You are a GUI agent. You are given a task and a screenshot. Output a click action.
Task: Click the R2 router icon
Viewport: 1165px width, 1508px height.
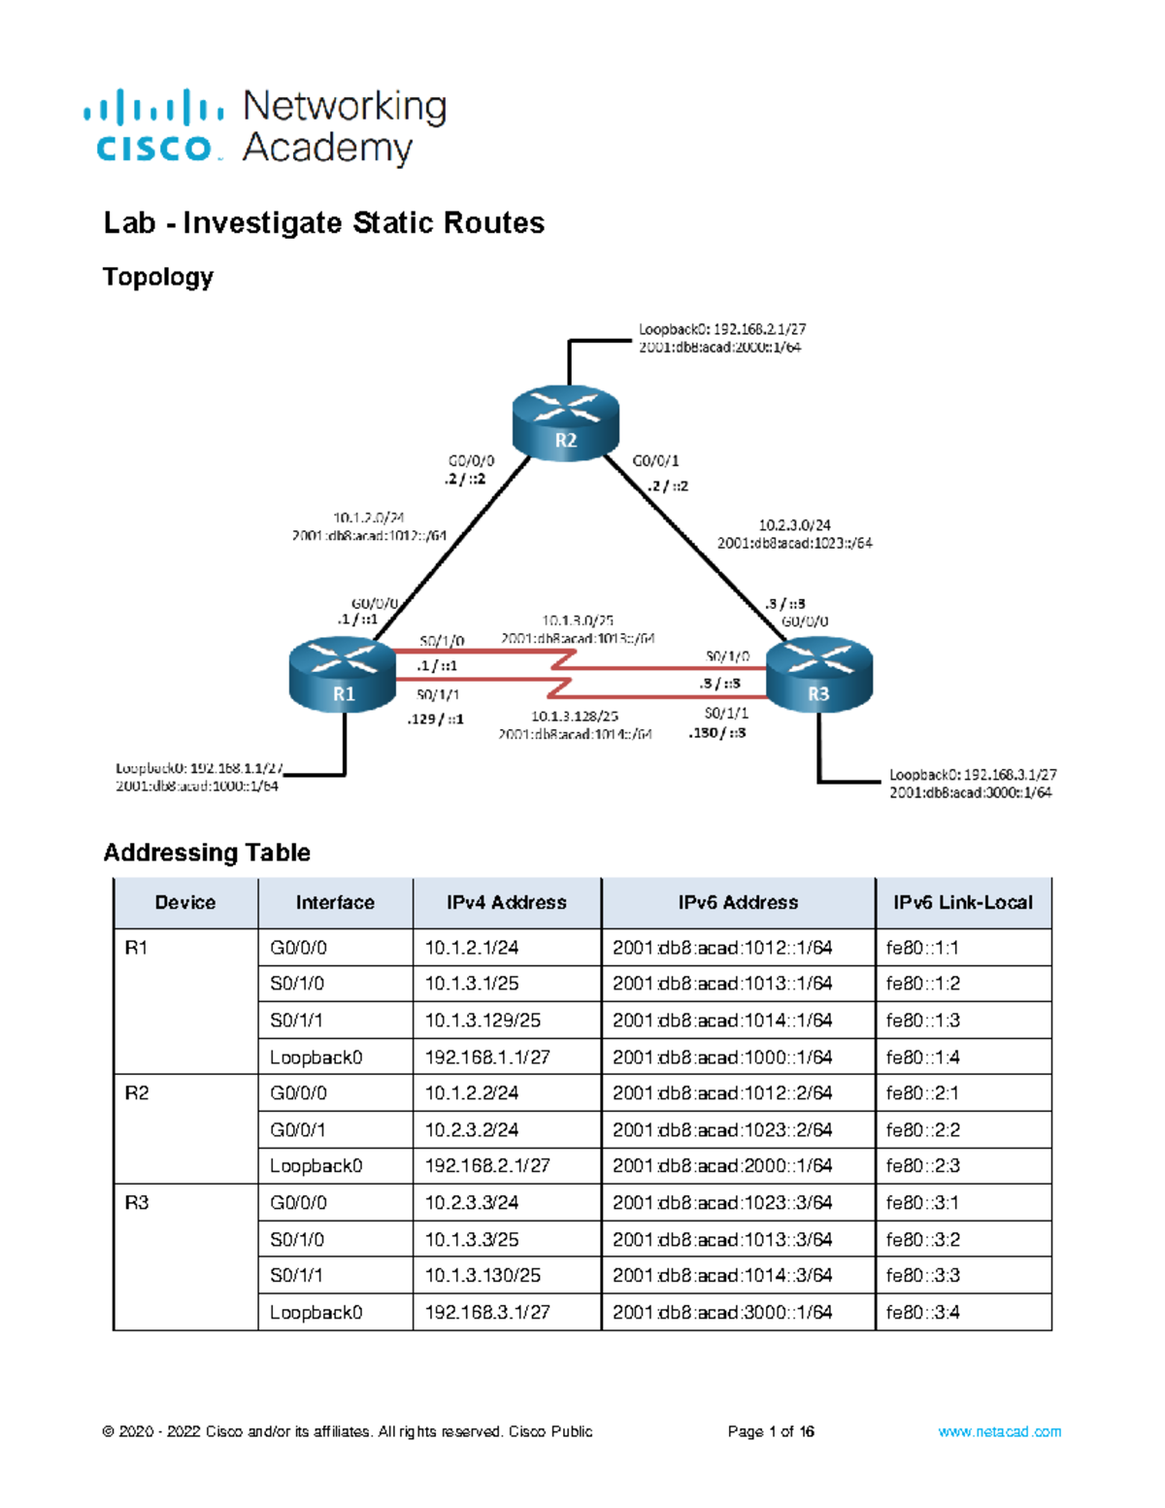(x=565, y=422)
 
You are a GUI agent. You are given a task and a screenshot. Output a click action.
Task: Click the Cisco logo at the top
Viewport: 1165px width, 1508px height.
(x=265, y=126)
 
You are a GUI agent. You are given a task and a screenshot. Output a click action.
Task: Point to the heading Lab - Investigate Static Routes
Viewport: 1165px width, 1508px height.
(x=323, y=222)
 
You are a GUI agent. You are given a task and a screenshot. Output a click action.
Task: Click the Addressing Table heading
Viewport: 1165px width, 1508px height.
(x=207, y=853)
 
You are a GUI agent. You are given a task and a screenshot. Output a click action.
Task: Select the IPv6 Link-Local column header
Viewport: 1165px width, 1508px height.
(x=962, y=902)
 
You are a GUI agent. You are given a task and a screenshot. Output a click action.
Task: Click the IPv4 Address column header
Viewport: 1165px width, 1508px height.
(x=506, y=902)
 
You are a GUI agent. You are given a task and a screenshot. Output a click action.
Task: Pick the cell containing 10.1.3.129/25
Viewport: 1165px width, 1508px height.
(x=483, y=1021)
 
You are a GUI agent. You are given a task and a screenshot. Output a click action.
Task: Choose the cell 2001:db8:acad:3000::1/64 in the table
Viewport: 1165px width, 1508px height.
(x=722, y=1312)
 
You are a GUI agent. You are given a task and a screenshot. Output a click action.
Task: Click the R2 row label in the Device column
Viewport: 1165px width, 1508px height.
(x=137, y=1093)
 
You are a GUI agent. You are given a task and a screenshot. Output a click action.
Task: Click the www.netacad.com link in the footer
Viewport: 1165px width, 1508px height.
(x=999, y=1431)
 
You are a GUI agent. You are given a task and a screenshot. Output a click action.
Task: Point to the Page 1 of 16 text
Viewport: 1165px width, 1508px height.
(x=771, y=1431)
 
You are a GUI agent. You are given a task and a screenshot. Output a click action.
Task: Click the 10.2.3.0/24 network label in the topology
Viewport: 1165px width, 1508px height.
(x=794, y=525)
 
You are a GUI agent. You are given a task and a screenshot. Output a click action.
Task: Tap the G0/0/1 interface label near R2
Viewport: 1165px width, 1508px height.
(x=655, y=460)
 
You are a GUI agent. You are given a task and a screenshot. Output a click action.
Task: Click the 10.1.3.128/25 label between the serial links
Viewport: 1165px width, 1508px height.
(x=574, y=716)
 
